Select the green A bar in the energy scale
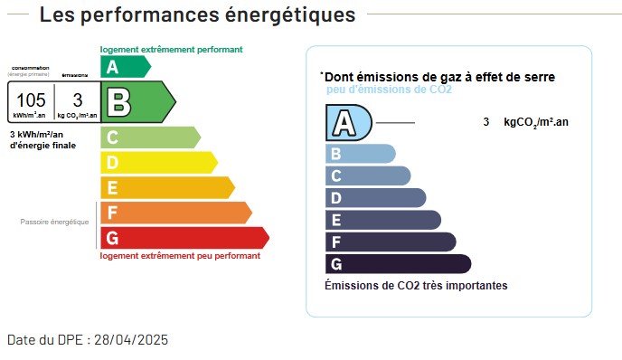click(x=124, y=66)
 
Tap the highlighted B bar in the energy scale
click(x=136, y=101)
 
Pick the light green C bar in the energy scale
click(x=149, y=137)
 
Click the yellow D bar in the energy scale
click(x=157, y=163)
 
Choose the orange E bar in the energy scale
click(x=166, y=187)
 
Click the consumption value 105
click(x=31, y=99)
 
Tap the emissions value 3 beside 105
click(x=78, y=99)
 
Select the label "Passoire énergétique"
click(x=55, y=222)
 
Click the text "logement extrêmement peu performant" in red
click(x=180, y=256)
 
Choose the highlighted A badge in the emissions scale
click(x=348, y=122)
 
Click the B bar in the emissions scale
click(x=360, y=154)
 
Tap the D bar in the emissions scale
click(x=374, y=198)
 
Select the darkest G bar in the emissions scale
click(x=397, y=264)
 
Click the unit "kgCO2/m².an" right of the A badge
click(x=536, y=122)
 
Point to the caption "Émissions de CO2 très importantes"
click(x=416, y=286)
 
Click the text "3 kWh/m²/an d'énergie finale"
click(x=42, y=139)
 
